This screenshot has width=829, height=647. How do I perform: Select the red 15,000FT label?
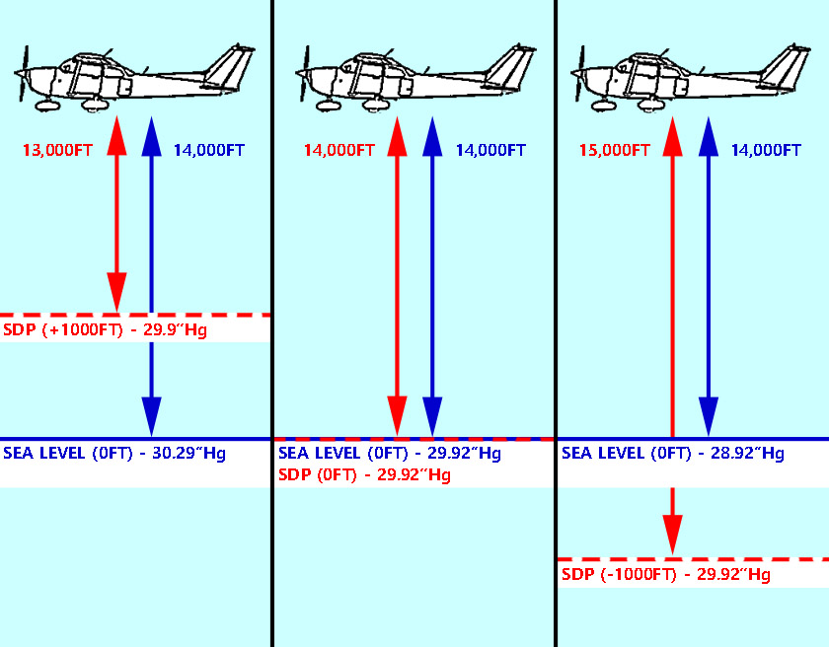pyautogui.click(x=614, y=151)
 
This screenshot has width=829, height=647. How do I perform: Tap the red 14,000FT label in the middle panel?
pyautogui.click(x=339, y=151)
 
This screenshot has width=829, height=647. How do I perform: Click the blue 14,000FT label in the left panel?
pyautogui.click(x=208, y=151)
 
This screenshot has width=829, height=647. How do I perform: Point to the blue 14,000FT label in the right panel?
pyautogui.click(x=765, y=151)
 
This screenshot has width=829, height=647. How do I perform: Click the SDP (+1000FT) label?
pyautogui.click(x=105, y=329)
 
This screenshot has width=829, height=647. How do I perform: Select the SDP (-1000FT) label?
pyautogui.click(x=665, y=574)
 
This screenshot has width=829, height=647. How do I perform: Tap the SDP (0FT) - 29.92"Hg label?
pyautogui.click(x=364, y=475)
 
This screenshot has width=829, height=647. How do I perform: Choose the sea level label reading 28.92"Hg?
pyautogui.click(x=672, y=454)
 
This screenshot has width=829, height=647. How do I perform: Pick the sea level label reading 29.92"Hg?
pyautogui.click(x=390, y=454)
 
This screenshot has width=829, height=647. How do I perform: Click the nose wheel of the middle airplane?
pyautogui.click(x=324, y=104)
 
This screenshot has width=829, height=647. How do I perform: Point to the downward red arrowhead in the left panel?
pyautogui.click(x=116, y=294)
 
